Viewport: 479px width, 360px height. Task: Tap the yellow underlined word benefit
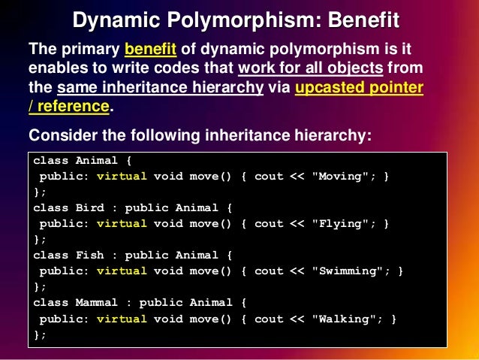[150, 50]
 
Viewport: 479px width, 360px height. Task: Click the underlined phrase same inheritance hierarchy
[159, 88]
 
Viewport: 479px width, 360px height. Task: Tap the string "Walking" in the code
[345, 319]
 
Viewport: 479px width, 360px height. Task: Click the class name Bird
[90, 208]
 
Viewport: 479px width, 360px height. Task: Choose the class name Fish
[90, 256]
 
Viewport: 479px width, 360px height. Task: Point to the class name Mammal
[98, 303]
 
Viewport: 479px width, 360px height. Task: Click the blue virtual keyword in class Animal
[122, 177]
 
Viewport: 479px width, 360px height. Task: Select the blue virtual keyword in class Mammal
[122, 319]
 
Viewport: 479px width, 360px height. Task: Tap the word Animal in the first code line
[98, 161]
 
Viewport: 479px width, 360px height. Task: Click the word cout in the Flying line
[270, 224]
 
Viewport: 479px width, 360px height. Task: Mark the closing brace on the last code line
[36, 334]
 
